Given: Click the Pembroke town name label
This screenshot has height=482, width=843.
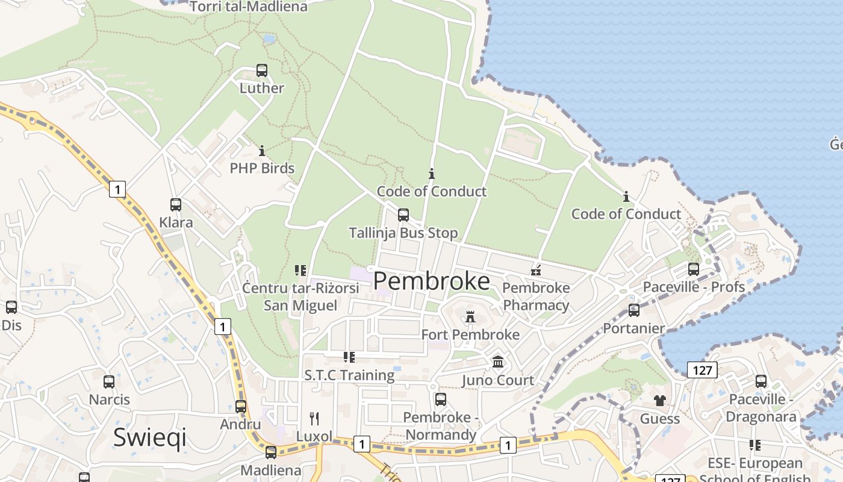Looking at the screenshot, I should (x=432, y=281).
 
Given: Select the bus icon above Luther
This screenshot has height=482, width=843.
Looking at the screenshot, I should (x=262, y=70).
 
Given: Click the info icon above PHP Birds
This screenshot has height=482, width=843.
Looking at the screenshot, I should (x=262, y=151).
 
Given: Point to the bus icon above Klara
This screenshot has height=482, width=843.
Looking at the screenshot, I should (x=176, y=205).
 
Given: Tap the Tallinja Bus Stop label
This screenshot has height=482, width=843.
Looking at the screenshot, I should (x=403, y=233).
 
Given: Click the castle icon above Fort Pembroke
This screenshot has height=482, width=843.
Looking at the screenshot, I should (x=470, y=316).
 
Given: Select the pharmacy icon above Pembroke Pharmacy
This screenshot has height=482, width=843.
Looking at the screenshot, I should (x=536, y=270).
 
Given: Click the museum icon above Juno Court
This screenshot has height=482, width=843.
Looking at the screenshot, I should (x=498, y=362).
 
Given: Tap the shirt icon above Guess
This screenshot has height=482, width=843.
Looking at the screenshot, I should (x=660, y=401).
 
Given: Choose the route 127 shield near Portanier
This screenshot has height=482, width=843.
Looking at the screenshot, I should (x=702, y=369).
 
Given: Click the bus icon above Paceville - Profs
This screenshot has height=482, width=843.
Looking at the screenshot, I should (x=694, y=269).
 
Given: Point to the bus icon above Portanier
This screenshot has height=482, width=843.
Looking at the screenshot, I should (x=634, y=310).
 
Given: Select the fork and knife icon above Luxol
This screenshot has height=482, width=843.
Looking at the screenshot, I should (x=314, y=418).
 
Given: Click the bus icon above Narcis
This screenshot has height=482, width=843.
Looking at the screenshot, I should (x=109, y=381).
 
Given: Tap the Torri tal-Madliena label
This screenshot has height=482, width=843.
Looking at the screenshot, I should (x=248, y=7).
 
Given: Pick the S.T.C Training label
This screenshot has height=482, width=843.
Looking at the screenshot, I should (x=349, y=375).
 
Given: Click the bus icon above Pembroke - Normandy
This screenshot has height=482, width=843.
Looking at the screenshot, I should (x=441, y=399).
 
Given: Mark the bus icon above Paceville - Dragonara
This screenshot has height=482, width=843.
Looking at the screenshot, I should (x=761, y=381).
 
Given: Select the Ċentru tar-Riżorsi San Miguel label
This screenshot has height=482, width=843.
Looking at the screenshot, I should (x=300, y=296).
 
